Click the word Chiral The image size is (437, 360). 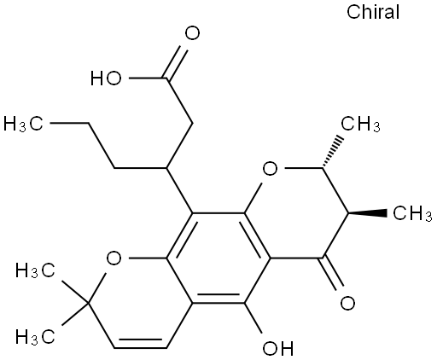373,12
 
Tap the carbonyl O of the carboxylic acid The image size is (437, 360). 192,33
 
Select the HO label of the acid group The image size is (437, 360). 106,78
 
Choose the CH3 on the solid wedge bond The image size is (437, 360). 412,213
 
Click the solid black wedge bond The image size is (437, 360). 367,213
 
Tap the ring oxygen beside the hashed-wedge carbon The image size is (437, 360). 270,169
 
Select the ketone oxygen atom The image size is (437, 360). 347,303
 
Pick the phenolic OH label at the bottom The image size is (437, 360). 277,348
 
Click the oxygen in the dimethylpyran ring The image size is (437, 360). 114,258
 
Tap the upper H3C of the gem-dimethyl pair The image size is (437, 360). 35,270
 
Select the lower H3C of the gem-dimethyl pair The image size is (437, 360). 35,337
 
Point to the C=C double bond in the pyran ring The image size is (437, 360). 140,344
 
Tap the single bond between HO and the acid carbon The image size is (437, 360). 148,78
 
